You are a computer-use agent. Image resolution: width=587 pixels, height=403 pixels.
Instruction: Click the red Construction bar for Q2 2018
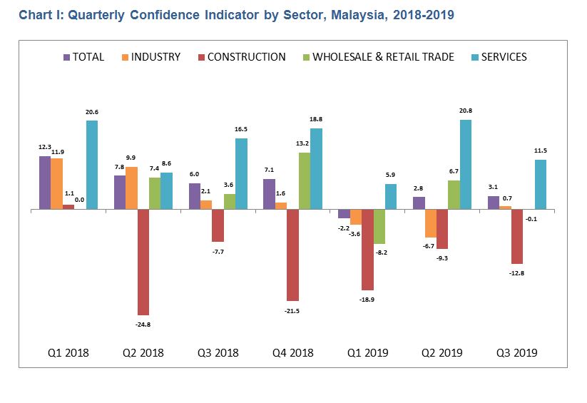click(143, 262)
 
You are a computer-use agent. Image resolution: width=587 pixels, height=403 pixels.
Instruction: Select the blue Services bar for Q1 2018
click(92, 165)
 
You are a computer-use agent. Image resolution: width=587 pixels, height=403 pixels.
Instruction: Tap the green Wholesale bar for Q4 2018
click(304, 181)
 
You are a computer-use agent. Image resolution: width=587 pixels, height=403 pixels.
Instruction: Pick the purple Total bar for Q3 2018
click(195, 196)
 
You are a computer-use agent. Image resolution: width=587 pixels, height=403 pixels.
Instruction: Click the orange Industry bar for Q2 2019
click(430, 223)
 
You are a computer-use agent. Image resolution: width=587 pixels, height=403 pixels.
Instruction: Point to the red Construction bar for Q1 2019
click(367, 250)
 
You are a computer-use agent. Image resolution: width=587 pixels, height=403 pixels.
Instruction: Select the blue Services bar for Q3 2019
click(541, 184)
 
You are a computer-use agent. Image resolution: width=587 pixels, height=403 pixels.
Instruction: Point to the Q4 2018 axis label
click(292, 352)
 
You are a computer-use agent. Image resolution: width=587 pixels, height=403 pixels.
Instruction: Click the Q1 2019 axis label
click(367, 352)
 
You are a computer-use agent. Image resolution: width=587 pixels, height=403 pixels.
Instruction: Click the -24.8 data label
click(143, 324)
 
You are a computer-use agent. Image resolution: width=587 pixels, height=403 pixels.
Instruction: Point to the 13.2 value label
click(304, 143)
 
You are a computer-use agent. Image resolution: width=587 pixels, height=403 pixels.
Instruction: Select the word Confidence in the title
click(142, 14)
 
